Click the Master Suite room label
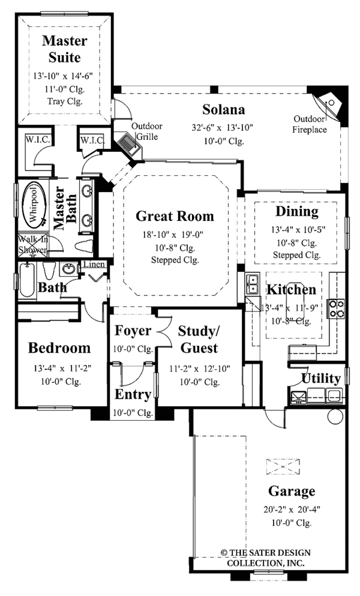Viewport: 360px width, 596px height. tap(65, 50)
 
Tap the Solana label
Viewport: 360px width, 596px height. tap(223, 110)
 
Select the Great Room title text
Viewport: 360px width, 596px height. tap(175, 216)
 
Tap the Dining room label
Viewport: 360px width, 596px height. tap(296, 211)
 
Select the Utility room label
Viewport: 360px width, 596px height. tap(321, 378)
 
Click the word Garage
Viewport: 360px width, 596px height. tap(292, 492)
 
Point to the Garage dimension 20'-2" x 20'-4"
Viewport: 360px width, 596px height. tap(292, 509)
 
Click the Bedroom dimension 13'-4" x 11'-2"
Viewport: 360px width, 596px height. tap(59, 368)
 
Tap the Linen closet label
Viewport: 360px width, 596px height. tap(94, 265)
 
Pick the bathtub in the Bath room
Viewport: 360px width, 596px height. tap(27, 280)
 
